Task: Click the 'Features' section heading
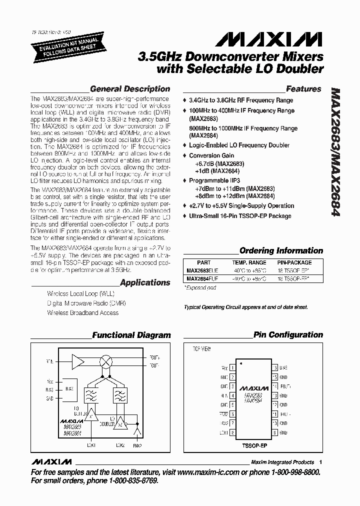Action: point(303,89)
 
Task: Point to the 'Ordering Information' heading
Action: point(281,251)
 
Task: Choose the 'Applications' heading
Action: point(145,282)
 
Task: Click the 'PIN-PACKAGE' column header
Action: point(294,262)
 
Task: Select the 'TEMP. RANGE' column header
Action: point(248,262)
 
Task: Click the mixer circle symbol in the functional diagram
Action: point(106,362)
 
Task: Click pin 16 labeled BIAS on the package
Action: point(274,368)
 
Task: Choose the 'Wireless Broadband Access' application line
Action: point(82,312)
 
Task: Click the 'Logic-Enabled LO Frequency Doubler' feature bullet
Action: point(239,145)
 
